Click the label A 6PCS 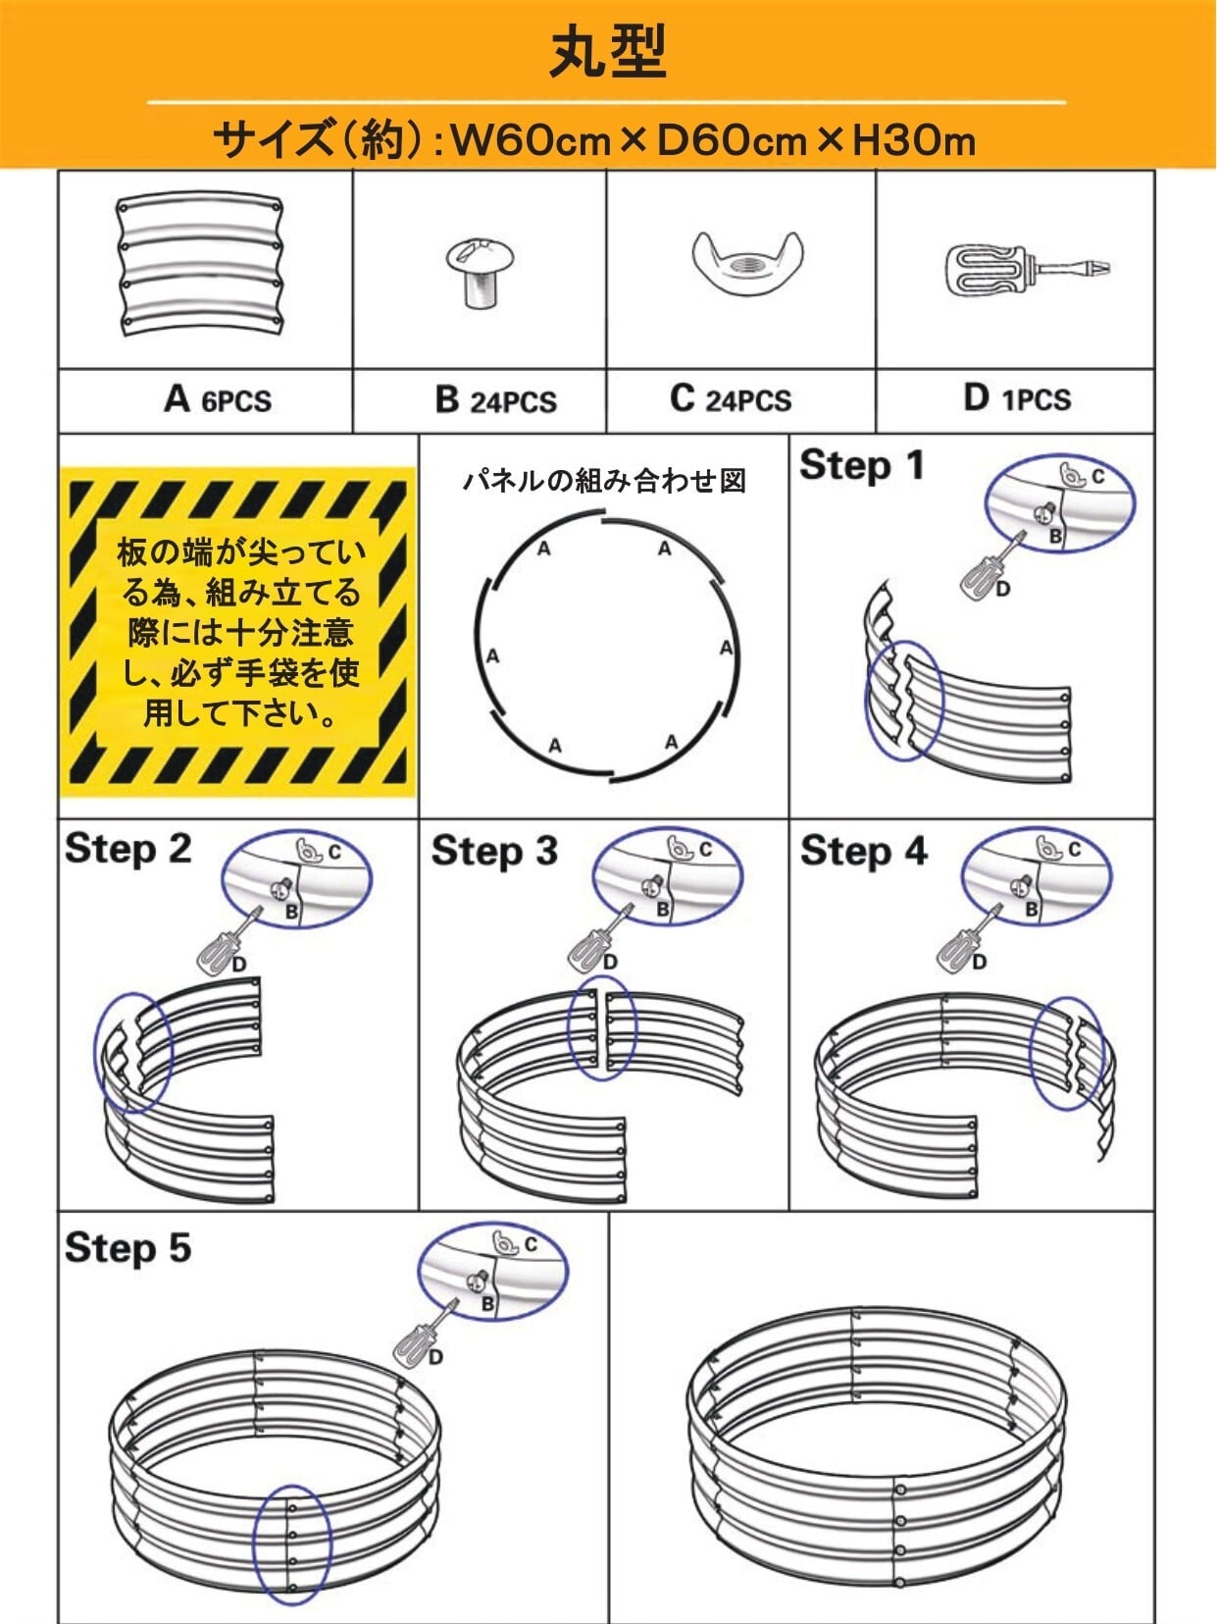click(218, 399)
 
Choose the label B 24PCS click(495, 400)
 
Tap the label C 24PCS click(731, 399)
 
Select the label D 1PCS click(1017, 398)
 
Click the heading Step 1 click(862, 465)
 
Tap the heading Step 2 click(127, 850)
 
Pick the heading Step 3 click(494, 852)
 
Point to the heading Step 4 click(863, 852)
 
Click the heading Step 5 click(127, 1248)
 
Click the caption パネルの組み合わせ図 click(604, 481)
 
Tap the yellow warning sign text click(239, 632)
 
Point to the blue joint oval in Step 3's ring click(602, 1027)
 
